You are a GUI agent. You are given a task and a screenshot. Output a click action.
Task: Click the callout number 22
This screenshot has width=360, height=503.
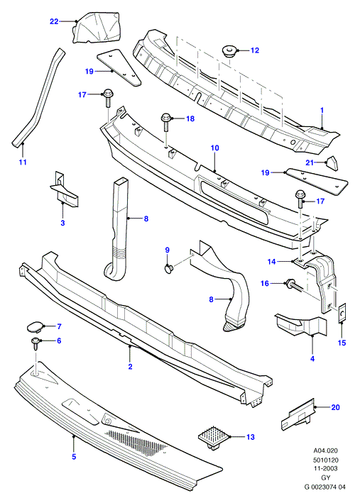tap(54, 21)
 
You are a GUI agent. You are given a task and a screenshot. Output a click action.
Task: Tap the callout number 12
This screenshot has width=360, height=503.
tap(255, 50)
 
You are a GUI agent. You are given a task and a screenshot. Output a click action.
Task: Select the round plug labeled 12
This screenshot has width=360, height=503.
tap(229, 52)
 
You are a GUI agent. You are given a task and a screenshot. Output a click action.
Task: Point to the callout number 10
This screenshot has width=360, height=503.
tap(215, 148)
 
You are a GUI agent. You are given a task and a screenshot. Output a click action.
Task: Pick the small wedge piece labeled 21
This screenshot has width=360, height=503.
tap(332, 163)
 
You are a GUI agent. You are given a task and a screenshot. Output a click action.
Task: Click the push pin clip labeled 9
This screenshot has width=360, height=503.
tap(168, 268)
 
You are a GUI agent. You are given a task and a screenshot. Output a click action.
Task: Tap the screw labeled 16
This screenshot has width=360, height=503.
tap(293, 285)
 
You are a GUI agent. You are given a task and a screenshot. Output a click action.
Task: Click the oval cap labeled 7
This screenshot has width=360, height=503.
tap(34, 327)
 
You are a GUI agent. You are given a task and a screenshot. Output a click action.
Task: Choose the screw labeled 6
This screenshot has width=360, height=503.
tap(36, 345)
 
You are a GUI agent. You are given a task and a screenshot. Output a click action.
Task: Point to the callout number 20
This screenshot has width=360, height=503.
tap(335, 407)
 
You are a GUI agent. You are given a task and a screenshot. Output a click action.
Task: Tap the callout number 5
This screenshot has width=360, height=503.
tap(74, 456)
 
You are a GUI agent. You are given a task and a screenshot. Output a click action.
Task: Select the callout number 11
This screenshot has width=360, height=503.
tap(23, 162)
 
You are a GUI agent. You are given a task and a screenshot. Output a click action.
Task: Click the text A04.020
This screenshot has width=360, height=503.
tap(326, 451)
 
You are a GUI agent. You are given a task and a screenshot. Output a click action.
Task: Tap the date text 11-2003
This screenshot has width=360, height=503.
tap(326, 469)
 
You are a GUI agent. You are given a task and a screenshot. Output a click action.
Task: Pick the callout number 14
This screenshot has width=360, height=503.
tap(272, 262)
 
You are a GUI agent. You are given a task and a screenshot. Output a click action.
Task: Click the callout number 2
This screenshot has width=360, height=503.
tap(130, 366)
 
